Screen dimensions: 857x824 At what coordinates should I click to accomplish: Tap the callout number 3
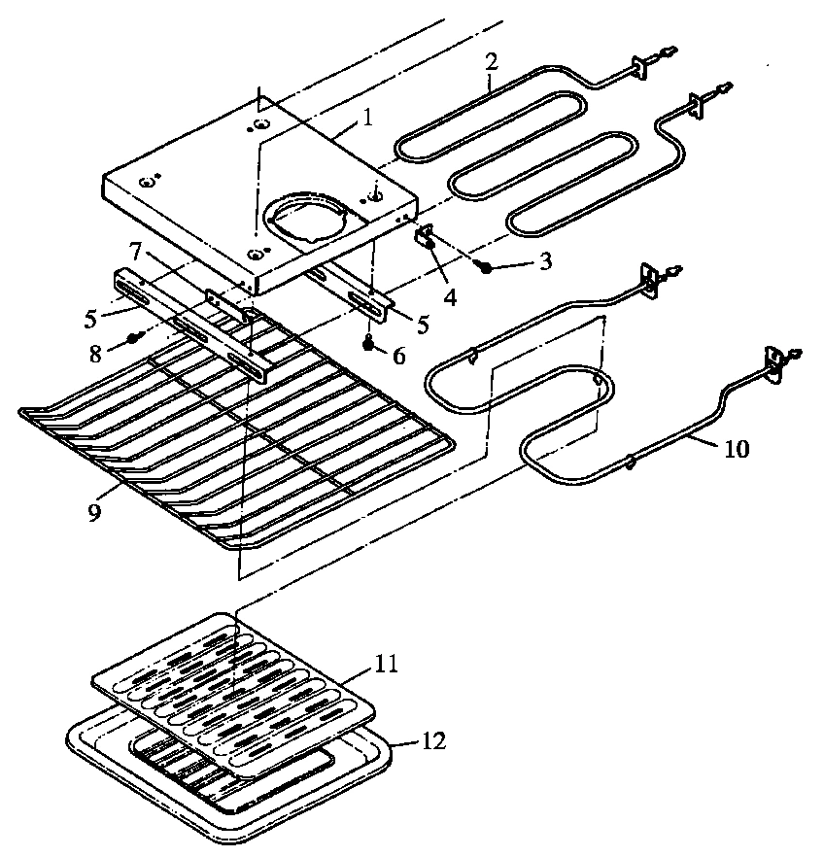coord(546,260)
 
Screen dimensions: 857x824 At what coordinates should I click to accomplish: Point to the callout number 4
coord(450,294)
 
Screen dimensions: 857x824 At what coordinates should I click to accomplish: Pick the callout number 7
coord(137,252)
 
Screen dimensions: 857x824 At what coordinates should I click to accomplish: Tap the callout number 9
coord(94,513)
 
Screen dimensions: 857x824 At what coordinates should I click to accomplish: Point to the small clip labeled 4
coord(426,236)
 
